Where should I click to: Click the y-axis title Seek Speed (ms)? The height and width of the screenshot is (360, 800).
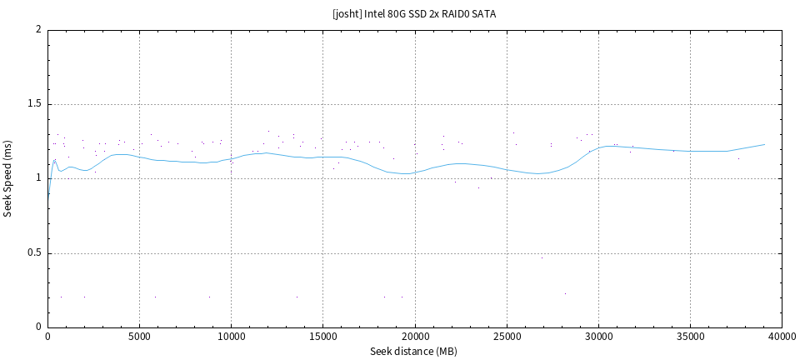[8, 178]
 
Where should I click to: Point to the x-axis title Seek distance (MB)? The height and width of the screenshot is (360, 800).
[414, 352]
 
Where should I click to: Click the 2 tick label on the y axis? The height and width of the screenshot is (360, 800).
[38, 30]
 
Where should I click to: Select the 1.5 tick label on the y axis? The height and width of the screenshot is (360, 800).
[34, 104]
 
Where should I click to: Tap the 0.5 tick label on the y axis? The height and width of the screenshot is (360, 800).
[34, 253]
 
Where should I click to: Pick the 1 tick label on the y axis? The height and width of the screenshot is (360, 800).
[38, 178]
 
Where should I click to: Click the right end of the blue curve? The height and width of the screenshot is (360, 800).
[764, 144]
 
